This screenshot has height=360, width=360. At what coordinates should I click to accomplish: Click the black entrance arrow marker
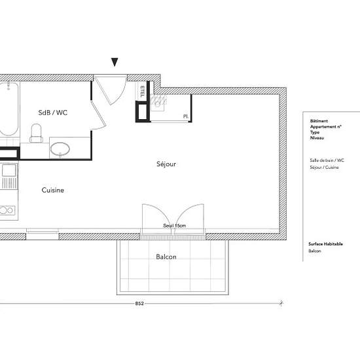pos(115,62)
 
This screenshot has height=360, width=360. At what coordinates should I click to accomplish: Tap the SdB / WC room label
pos(53,113)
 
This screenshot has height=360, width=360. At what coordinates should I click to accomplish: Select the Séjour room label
pos(166,164)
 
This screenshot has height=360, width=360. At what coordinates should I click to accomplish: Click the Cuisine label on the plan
pos(52,190)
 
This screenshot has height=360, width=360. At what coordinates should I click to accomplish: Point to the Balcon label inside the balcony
pos(166,257)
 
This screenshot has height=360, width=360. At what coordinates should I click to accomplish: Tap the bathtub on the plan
pos(8,109)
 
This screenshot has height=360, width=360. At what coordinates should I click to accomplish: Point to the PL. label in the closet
pos(186,117)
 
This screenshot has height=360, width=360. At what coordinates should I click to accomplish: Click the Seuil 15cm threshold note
pos(175,226)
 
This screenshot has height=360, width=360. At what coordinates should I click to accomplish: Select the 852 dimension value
pos(139,304)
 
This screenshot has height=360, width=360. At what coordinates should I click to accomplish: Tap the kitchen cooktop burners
pos(7,210)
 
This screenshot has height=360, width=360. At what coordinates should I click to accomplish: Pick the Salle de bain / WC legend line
pos(327,160)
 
